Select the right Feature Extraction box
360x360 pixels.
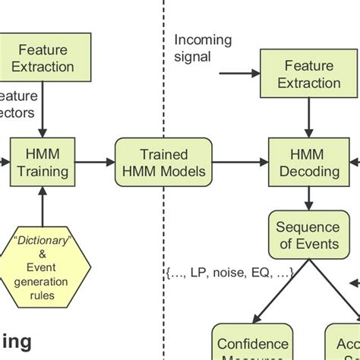[x=308, y=74]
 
